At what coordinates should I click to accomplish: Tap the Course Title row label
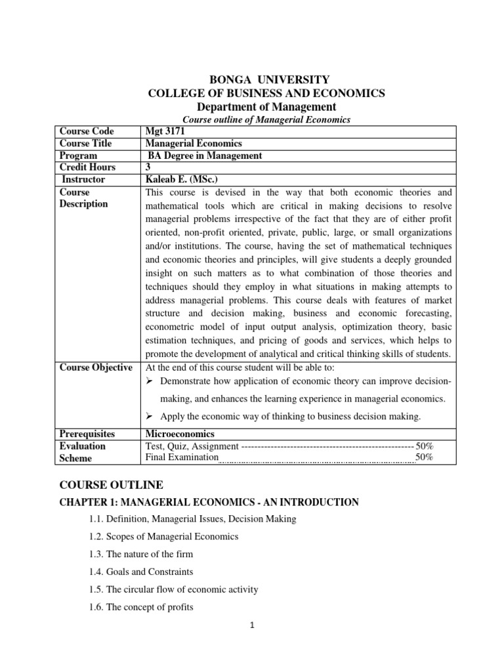(86, 143)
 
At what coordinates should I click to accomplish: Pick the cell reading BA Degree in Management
(204, 156)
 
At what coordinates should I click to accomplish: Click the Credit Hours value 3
(148, 167)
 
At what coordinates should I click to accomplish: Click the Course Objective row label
(96, 367)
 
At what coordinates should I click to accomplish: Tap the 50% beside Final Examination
(424, 457)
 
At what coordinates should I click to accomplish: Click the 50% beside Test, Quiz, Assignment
(424, 446)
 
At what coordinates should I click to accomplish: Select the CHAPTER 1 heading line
(209, 502)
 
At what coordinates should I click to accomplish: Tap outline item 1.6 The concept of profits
(141, 607)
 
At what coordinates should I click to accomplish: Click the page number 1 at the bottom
(251, 643)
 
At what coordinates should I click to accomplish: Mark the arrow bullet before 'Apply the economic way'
(150, 416)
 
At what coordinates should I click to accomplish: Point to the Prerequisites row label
(87, 434)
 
